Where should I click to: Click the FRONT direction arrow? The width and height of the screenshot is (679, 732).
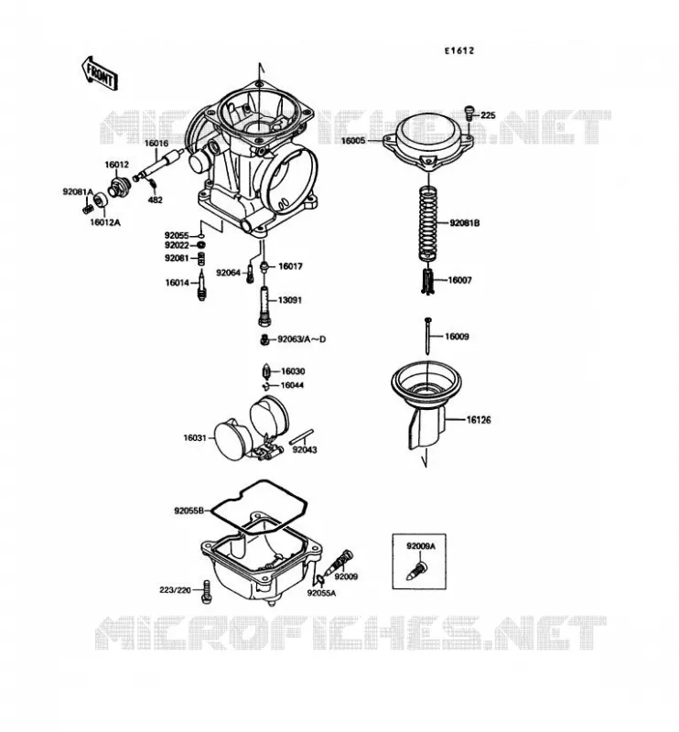click(x=99, y=73)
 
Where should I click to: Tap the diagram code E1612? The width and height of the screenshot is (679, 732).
click(x=459, y=50)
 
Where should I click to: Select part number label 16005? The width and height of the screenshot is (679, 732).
click(x=354, y=140)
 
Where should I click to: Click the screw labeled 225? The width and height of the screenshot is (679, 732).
click(x=469, y=113)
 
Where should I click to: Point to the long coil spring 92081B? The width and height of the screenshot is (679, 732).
click(x=428, y=224)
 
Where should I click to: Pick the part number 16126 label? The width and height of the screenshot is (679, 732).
click(x=479, y=420)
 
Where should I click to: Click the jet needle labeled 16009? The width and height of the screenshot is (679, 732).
click(x=427, y=336)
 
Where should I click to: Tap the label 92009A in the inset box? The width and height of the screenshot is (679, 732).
click(x=420, y=546)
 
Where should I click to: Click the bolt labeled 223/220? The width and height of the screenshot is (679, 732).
click(x=207, y=591)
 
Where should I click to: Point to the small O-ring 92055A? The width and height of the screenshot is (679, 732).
click(x=320, y=580)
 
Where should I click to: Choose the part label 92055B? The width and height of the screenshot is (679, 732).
click(x=189, y=511)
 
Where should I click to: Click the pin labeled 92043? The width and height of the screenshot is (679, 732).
click(x=302, y=437)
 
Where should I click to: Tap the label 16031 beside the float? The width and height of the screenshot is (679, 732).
click(x=195, y=438)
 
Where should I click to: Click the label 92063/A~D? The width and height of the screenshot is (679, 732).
click(x=302, y=339)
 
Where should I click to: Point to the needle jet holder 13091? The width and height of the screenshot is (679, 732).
click(x=264, y=307)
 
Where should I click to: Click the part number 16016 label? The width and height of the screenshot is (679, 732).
click(x=156, y=144)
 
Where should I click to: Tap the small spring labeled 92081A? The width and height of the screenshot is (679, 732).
click(x=86, y=206)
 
